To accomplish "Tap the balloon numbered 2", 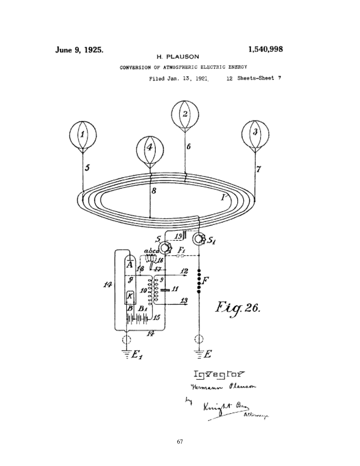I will coord(185,114).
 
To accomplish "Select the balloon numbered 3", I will coord(255,132).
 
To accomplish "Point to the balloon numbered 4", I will coord(150,148).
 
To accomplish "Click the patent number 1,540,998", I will coord(265,49).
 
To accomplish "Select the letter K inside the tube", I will coord(130,296).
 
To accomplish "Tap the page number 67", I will coord(180,442).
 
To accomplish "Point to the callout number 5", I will coord(87,168).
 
